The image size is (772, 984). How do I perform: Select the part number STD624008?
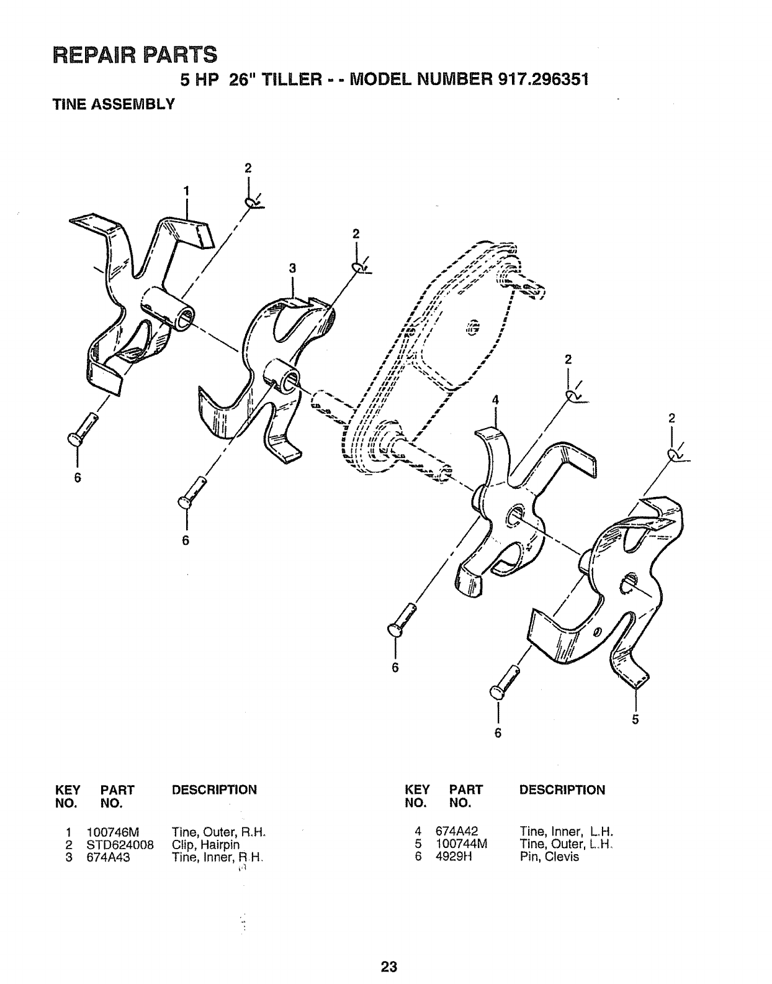[x=120, y=845]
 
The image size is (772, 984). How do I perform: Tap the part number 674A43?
[x=108, y=857]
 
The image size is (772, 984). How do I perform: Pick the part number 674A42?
[x=456, y=832]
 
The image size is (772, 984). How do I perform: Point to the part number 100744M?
[x=460, y=845]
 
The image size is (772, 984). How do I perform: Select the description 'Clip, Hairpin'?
[x=205, y=845]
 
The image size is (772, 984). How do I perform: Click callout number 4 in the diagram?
[x=495, y=401]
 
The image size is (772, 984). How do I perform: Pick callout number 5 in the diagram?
[x=635, y=720]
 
